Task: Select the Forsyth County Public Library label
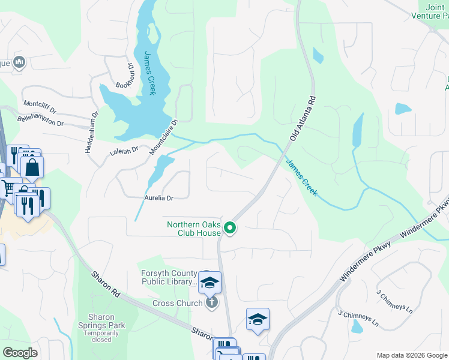click(169, 277)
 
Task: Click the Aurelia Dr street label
click(158, 197)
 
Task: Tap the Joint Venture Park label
click(436, 12)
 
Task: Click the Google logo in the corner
click(20, 352)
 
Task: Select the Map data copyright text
click(411, 355)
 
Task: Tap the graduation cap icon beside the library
click(210, 282)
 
